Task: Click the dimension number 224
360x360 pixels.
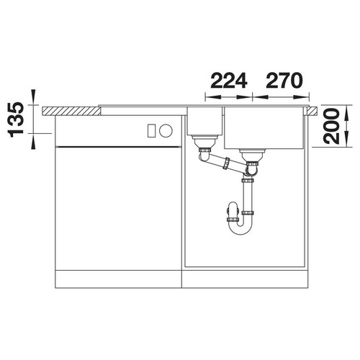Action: tap(229, 81)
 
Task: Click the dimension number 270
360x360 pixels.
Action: tap(284, 81)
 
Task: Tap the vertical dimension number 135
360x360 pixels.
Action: tap(16, 120)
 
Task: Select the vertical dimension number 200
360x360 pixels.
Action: tap(331, 126)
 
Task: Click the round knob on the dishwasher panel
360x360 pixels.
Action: tap(166, 130)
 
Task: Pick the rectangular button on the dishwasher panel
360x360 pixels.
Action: tap(151, 130)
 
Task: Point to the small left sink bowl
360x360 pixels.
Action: tap(204, 121)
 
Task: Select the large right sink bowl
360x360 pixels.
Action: tap(264, 128)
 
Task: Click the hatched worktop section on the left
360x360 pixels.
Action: tap(71, 111)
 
